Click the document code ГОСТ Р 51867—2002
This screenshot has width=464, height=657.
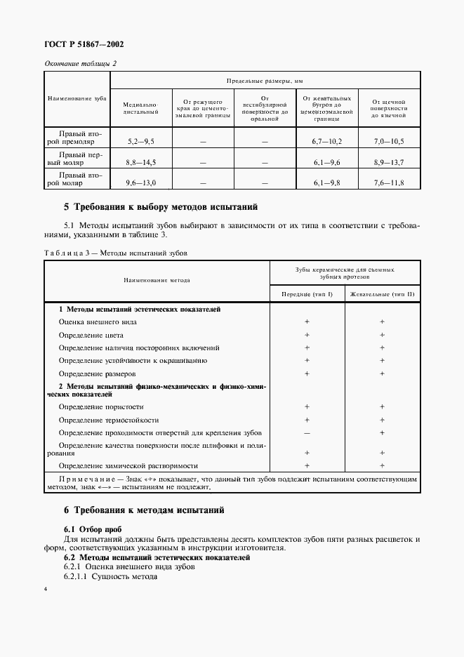point(84,44)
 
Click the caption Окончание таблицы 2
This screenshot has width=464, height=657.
point(80,63)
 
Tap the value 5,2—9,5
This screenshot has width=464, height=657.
point(141,142)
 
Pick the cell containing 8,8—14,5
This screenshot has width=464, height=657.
point(141,162)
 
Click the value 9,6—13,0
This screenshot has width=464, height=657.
point(141,182)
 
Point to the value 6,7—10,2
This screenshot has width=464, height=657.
point(326,142)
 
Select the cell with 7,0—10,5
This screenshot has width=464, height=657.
point(388,142)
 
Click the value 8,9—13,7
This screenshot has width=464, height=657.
point(388,162)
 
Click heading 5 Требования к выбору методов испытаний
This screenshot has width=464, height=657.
point(161,207)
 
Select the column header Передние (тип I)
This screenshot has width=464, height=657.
point(307,293)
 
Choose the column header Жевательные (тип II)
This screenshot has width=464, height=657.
point(382,293)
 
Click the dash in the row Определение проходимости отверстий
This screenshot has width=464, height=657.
point(307,432)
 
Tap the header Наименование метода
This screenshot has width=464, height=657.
point(157,280)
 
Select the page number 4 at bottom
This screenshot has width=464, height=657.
point(46,588)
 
